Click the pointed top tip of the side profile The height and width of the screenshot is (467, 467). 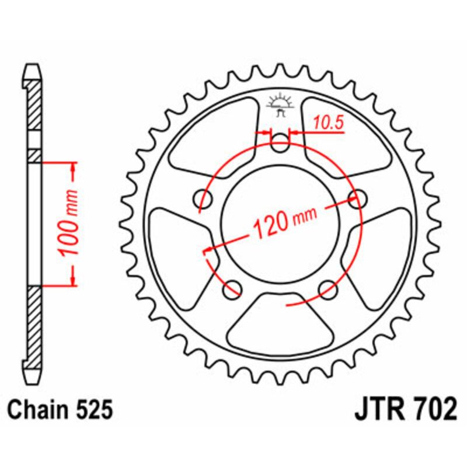click(x=34, y=65)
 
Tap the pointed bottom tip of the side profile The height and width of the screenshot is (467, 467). click(x=34, y=377)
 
